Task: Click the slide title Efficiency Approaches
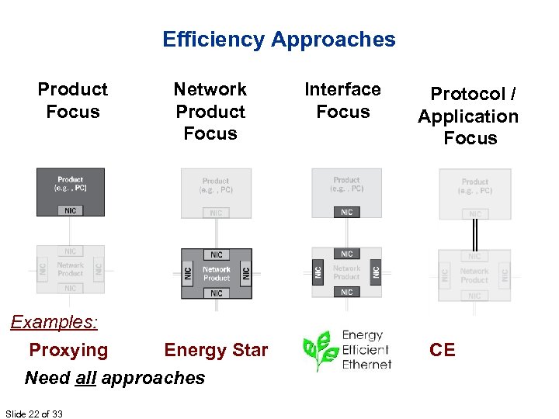tap(279, 40)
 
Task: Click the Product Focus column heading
tap(72, 101)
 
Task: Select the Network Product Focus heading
tap(210, 112)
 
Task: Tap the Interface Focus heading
tap(342, 101)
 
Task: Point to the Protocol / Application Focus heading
tap(469, 116)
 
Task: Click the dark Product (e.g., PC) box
tap(70, 185)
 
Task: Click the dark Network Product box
tap(217, 273)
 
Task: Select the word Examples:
tap(51, 322)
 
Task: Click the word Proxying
tap(68, 350)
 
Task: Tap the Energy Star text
tap(216, 350)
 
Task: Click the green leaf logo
tap(318, 351)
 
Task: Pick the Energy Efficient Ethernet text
tap(366, 350)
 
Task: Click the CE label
tap(443, 350)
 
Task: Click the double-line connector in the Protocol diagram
tap(474, 234)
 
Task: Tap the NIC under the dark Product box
tap(70, 210)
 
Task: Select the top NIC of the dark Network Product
tap(217, 255)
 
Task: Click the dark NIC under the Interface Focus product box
tap(346, 212)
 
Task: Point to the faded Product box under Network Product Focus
tap(216, 186)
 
